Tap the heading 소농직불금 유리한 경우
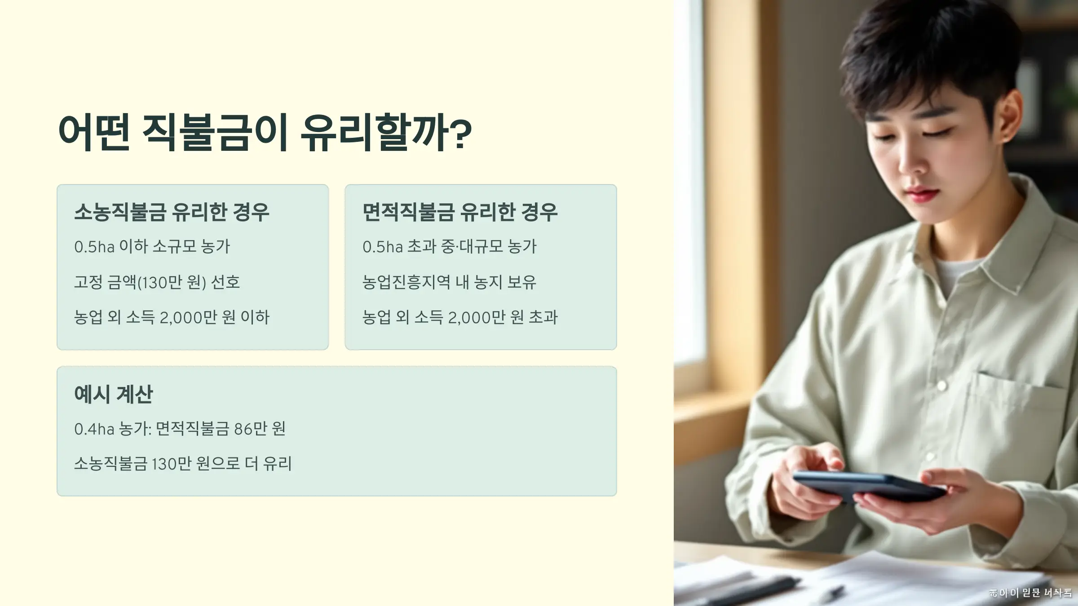[172, 212]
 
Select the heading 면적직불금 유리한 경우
[460, 212]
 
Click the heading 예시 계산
[114, 394]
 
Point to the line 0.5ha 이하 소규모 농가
[152, 246]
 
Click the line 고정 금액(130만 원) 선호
[157, 282]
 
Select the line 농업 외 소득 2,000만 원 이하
[172, 317]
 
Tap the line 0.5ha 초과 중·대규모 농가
[450, 246]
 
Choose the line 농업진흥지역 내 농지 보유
[450, 282]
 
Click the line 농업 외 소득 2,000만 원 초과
[460, 317]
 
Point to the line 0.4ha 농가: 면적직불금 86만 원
[180, 429]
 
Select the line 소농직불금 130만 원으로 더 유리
[183, 464]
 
